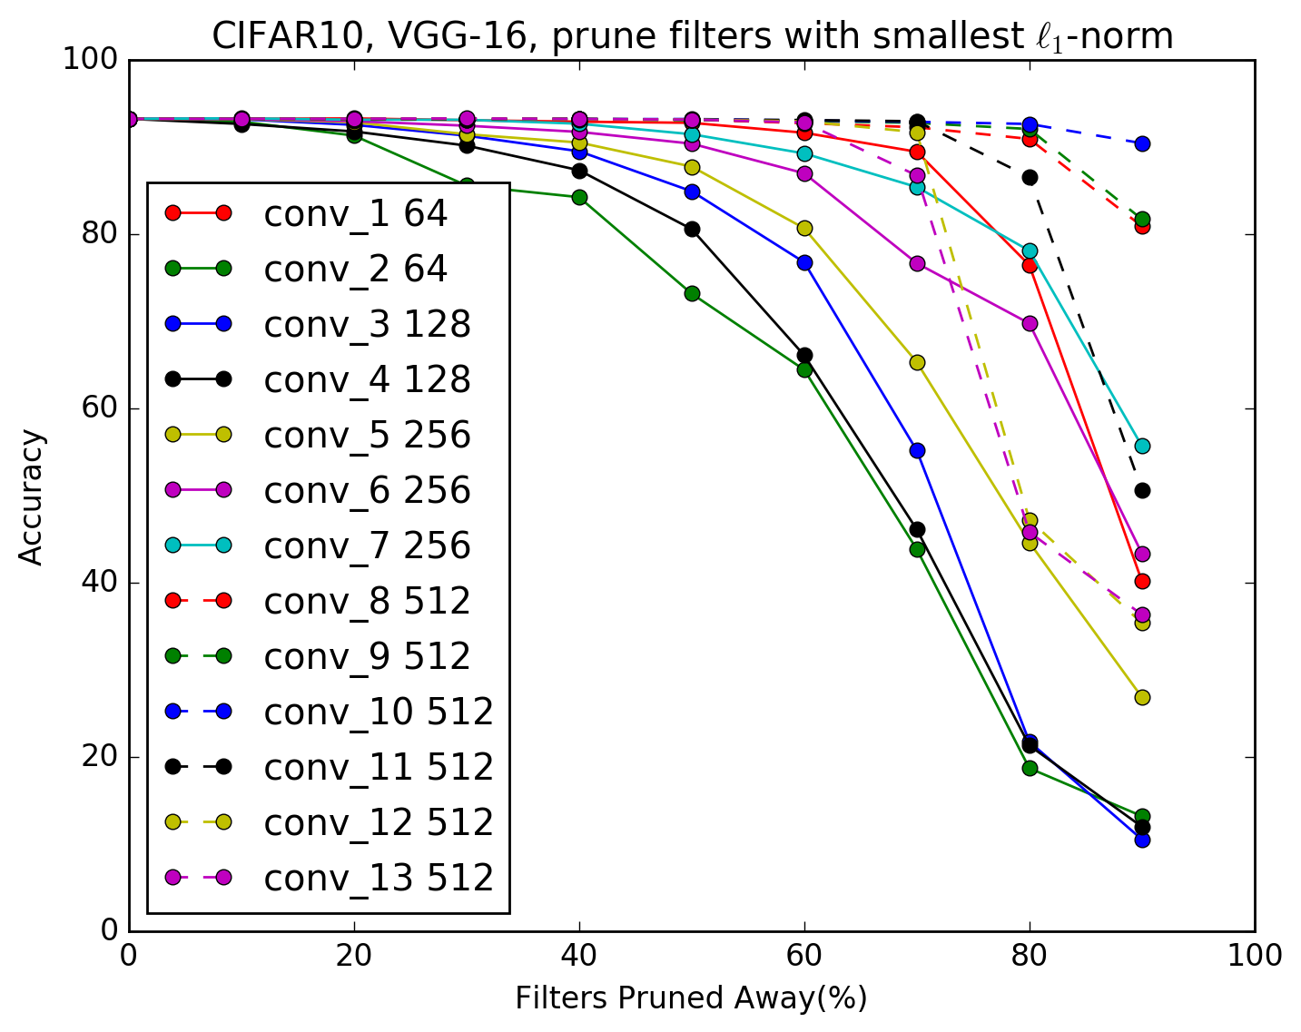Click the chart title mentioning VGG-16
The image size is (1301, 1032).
(x=692, y=36)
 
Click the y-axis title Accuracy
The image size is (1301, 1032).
(x=32, y=496)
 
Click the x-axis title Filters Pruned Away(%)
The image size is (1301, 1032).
(x=691, y=998)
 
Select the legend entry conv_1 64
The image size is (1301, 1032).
(x=355, y=213)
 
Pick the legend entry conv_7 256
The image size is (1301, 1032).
(x=367, y=545)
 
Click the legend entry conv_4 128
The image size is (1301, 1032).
(x=367, y=379)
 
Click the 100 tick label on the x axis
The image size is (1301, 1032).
(x=1254, y=955)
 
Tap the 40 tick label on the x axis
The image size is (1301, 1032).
(x=579, y=955)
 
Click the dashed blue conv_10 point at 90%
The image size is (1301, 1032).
(x=1142, y=143)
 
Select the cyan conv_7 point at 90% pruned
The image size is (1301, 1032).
(x=1142, y=446)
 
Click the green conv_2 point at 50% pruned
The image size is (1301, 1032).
(x=692, y=293)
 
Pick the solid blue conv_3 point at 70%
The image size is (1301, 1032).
(x=917, y=450)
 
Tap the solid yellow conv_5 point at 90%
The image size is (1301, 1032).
(x=1142, y=697)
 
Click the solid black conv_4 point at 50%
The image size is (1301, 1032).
(x=692, y=229)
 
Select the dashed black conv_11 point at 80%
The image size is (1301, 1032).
(x=1030, y=177)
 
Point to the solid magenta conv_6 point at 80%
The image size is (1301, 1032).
(x=1030, y=323)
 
